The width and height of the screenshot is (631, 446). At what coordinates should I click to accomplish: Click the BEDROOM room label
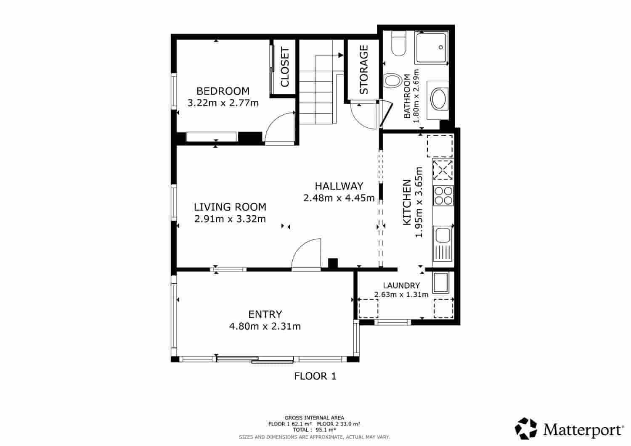(x=223, y=91)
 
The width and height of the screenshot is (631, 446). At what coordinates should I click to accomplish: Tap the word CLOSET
(x=285, y=67)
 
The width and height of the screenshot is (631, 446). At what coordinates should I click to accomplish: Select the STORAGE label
(x=364, y=70)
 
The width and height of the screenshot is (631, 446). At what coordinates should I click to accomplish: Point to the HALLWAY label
(x=339, y=186)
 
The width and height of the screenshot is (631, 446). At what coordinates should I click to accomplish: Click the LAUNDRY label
(x=401, y=285)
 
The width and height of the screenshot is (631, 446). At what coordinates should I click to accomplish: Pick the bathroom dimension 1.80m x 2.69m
(x=416, y=96)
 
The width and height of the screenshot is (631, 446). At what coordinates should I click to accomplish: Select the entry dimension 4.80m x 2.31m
(x=265, y=326)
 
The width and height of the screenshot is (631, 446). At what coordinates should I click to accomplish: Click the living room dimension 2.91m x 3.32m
(x=230, y=219)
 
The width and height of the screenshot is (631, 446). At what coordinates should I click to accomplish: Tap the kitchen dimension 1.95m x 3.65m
(x=419, y=202)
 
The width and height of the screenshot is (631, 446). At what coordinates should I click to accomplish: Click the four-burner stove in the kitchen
(x=443, y=195)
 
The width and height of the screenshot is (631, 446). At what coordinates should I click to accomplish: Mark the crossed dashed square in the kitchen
(x=443, y=170)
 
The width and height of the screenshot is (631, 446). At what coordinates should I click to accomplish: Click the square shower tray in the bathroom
(x=431, y=47)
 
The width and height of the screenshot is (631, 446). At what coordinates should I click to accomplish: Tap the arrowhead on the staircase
(x=341, y=55)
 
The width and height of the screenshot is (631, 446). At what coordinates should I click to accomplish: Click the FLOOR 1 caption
(x=315, y=376)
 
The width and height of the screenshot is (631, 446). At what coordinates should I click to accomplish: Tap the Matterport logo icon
(x=526, y=428)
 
